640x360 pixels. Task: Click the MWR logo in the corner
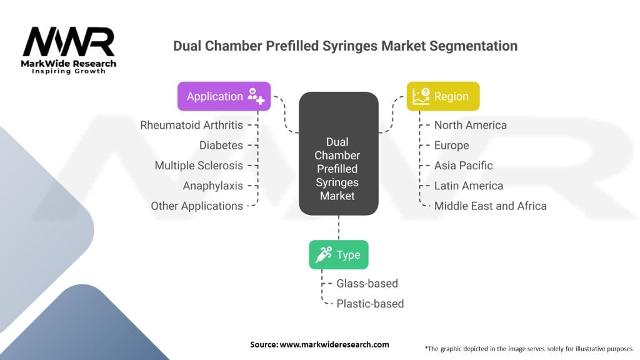coord(69,49)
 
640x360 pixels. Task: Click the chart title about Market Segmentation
coord(345,46)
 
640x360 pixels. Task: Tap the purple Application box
coord(224,96)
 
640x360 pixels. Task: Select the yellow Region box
coord(442,96)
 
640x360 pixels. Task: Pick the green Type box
coord(338,254)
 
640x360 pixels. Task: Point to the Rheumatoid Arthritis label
coord(191,125)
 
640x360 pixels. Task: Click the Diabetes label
coord(221,145)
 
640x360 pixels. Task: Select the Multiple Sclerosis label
coord(199,166)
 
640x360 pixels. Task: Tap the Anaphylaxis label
coord(212,186)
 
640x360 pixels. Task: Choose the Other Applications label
coord(197,206)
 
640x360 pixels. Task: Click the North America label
coord(471,125)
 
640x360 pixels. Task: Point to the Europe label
coord(451,145)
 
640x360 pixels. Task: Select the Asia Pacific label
coord(463,166)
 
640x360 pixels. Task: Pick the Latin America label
coord(468,186)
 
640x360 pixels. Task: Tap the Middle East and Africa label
coord(490,206)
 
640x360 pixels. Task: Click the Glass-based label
coord(367,283)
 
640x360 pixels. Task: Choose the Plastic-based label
coord(370,304)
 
